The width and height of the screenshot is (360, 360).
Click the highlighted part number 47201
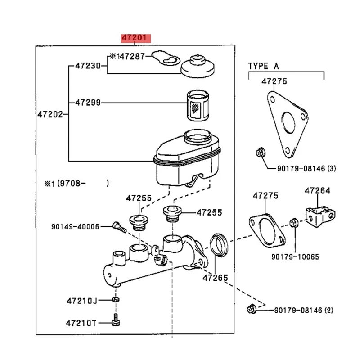[x=136, y=38]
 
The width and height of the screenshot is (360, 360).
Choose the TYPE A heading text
[x=264, y=66]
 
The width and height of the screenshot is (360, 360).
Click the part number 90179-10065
[x=296, y=256]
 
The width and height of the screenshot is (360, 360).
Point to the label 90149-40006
[x=75, y=227]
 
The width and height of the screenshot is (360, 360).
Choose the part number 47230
[x=87, y=66]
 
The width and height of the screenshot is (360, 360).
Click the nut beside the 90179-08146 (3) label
[x=259, y=153]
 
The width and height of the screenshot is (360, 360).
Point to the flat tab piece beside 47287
[x=164, y=58]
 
